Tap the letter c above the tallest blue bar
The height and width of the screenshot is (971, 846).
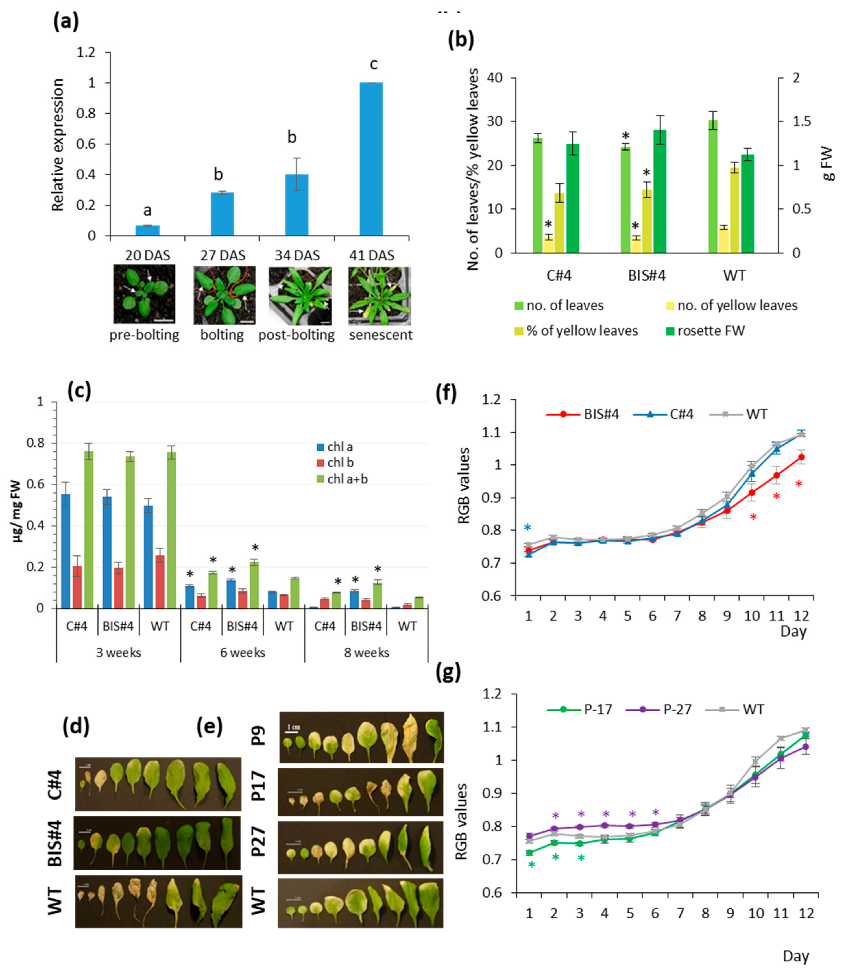pos(373,64)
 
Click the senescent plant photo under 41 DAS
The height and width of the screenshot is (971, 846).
pos(380,296)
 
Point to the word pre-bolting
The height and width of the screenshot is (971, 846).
pos(145,335)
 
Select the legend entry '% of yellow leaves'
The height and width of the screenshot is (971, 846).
pos(582,331)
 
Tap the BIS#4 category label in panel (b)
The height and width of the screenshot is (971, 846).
pos(647,275)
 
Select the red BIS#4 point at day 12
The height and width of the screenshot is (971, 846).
pos(801,457)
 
